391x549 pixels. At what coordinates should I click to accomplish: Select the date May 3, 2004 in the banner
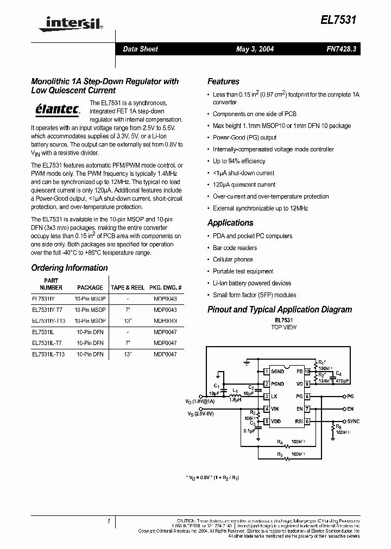[x=255, y=49]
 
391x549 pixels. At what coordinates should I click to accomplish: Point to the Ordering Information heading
[x=70, y=268]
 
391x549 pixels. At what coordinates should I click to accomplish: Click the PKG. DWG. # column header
[x=166, y=288]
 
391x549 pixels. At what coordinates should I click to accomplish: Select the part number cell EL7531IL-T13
[x=48, y=354]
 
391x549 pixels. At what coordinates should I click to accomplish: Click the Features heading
[x=223, y=81]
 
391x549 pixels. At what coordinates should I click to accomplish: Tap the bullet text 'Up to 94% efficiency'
[x=239, y=161]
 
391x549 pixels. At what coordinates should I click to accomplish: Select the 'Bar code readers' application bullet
[x=235, y=248]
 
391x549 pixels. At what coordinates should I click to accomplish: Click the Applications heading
[x=230, y=223]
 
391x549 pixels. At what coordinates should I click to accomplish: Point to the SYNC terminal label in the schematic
[x=354, y=422]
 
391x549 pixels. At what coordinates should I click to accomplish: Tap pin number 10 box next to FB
[x=307, y=372]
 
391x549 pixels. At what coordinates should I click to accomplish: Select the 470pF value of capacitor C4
[x=342, y=381]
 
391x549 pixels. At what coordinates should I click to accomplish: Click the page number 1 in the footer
[x=109, y=521]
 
